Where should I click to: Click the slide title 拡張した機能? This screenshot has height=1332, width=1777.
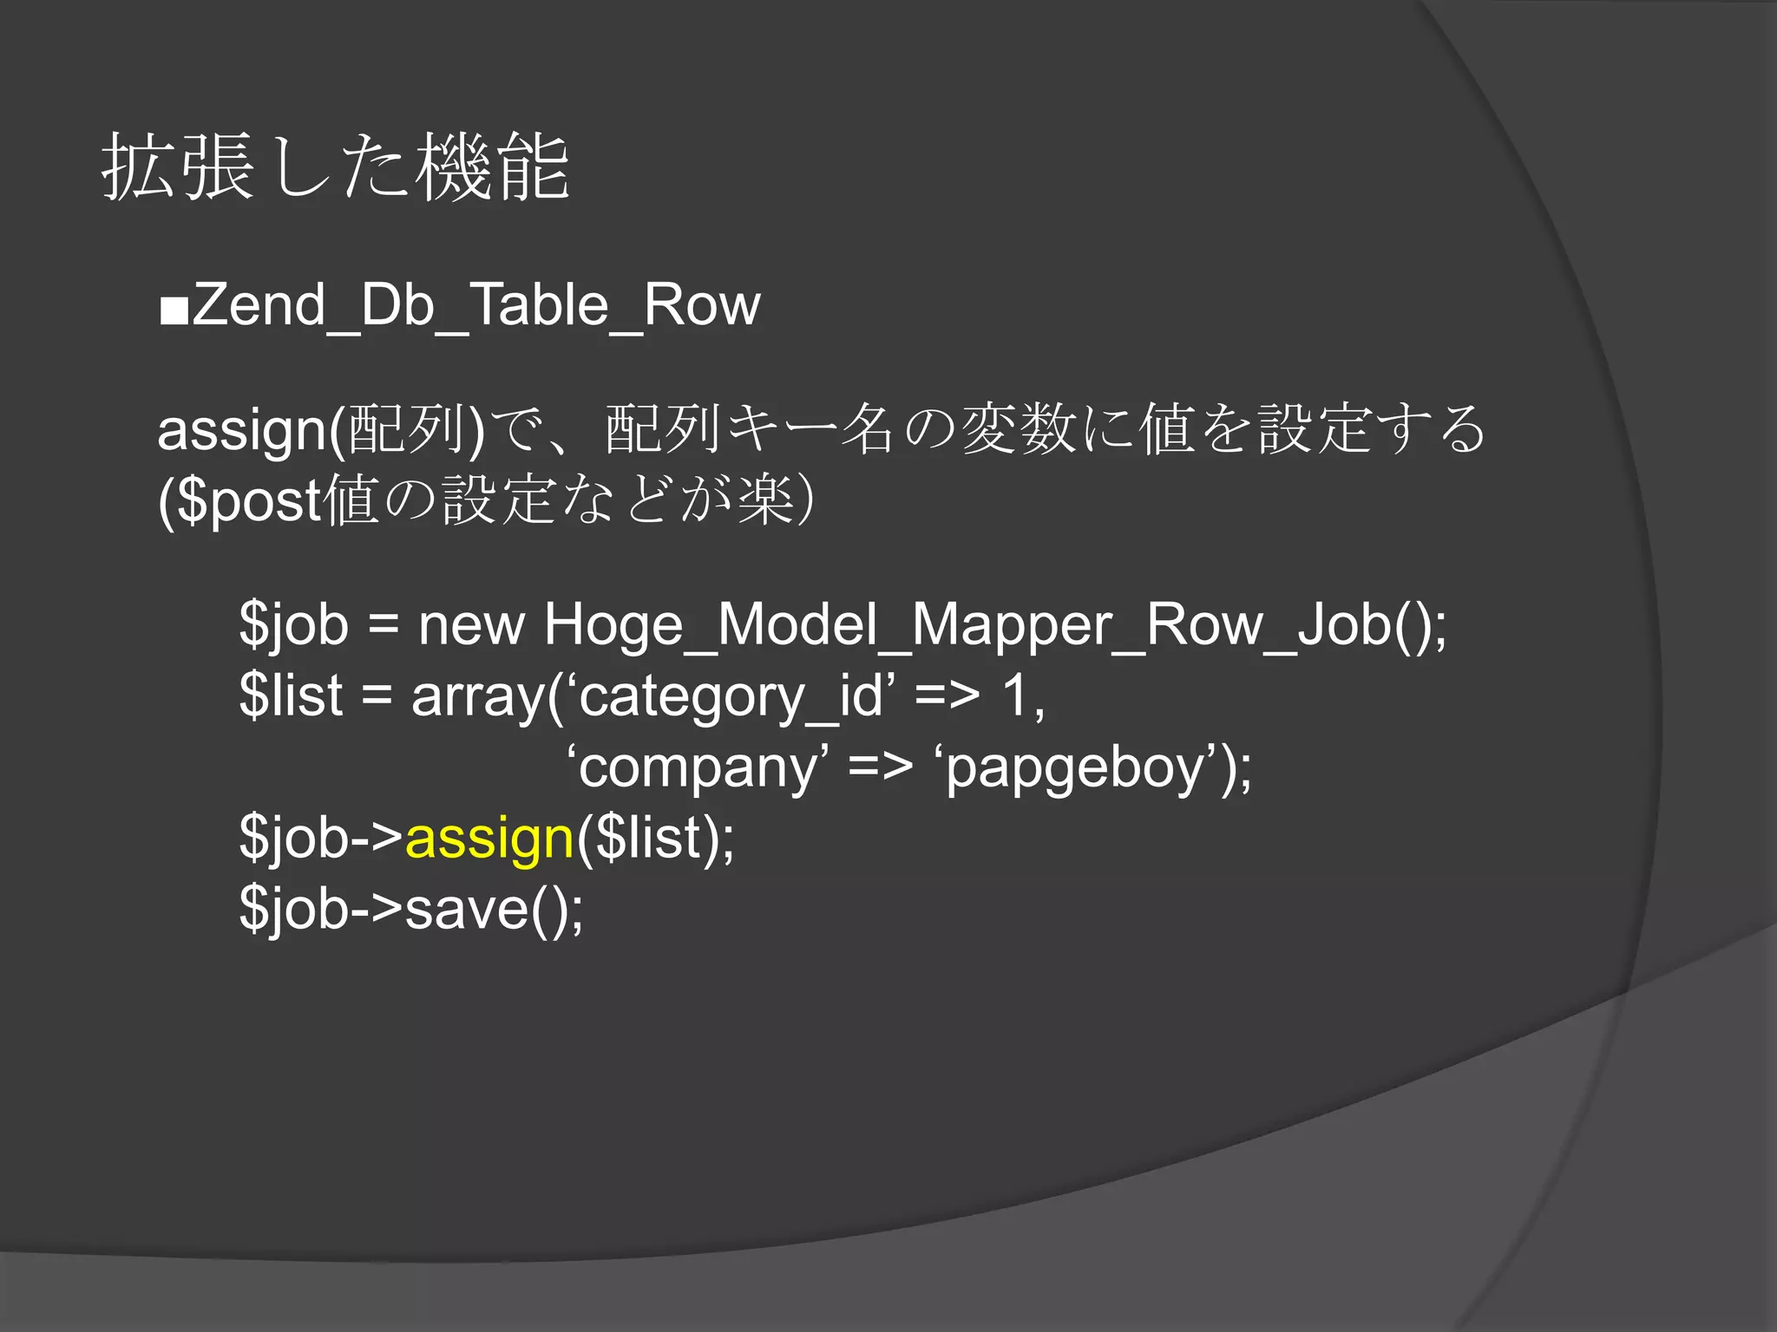click(x=335, y=167)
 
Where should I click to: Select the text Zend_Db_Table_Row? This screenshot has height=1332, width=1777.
click(x=476, y=305)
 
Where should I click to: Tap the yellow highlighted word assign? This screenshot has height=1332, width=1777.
click(x=489, y=839)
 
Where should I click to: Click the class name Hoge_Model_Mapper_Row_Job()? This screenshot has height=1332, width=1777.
click(x=994, y=625)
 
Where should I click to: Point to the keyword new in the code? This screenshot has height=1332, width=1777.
click(x=471, y=625)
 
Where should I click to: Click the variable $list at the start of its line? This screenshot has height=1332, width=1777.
click(x=292, y=695)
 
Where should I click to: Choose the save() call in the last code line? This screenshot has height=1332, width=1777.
click(x=494, y=909)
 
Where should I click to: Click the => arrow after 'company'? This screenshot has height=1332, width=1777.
click(x=880, y=767)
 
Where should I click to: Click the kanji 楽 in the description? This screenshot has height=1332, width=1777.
click(x=766, y=500)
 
